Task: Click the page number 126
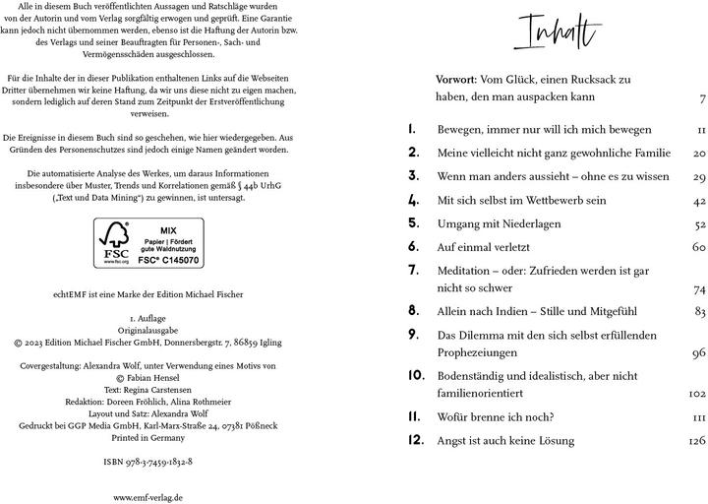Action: pos(697,441)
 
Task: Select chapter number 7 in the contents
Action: pos(413,270)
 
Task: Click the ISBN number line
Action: pos(147,461)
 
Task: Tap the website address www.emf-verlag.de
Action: pos(147,497)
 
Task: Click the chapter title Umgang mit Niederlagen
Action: pos(500,223)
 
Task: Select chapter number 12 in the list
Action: pos(415,440)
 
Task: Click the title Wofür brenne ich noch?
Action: pos(496,416)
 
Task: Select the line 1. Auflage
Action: pos(147,320)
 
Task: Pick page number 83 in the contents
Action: pos(700,311)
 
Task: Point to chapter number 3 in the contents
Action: pos(413,176)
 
